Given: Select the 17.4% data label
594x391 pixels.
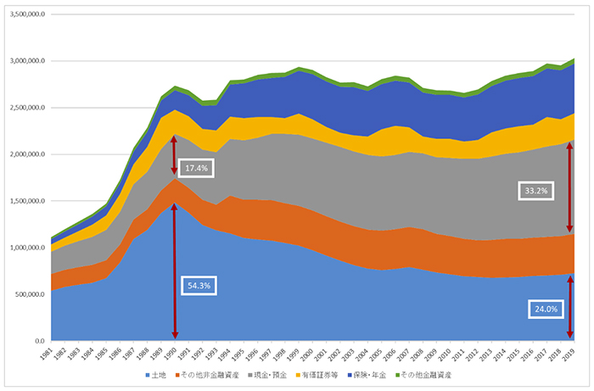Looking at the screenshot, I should tap(195, 169).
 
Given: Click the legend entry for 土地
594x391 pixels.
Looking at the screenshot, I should tap(157, 374).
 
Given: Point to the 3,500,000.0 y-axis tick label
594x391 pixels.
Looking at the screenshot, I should tap(26, 14).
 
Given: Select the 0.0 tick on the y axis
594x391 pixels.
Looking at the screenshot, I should tap(40, 340).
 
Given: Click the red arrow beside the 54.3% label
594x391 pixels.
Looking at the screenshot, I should tap(176, 271).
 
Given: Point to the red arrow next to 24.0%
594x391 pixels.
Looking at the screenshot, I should tap(569, 305).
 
